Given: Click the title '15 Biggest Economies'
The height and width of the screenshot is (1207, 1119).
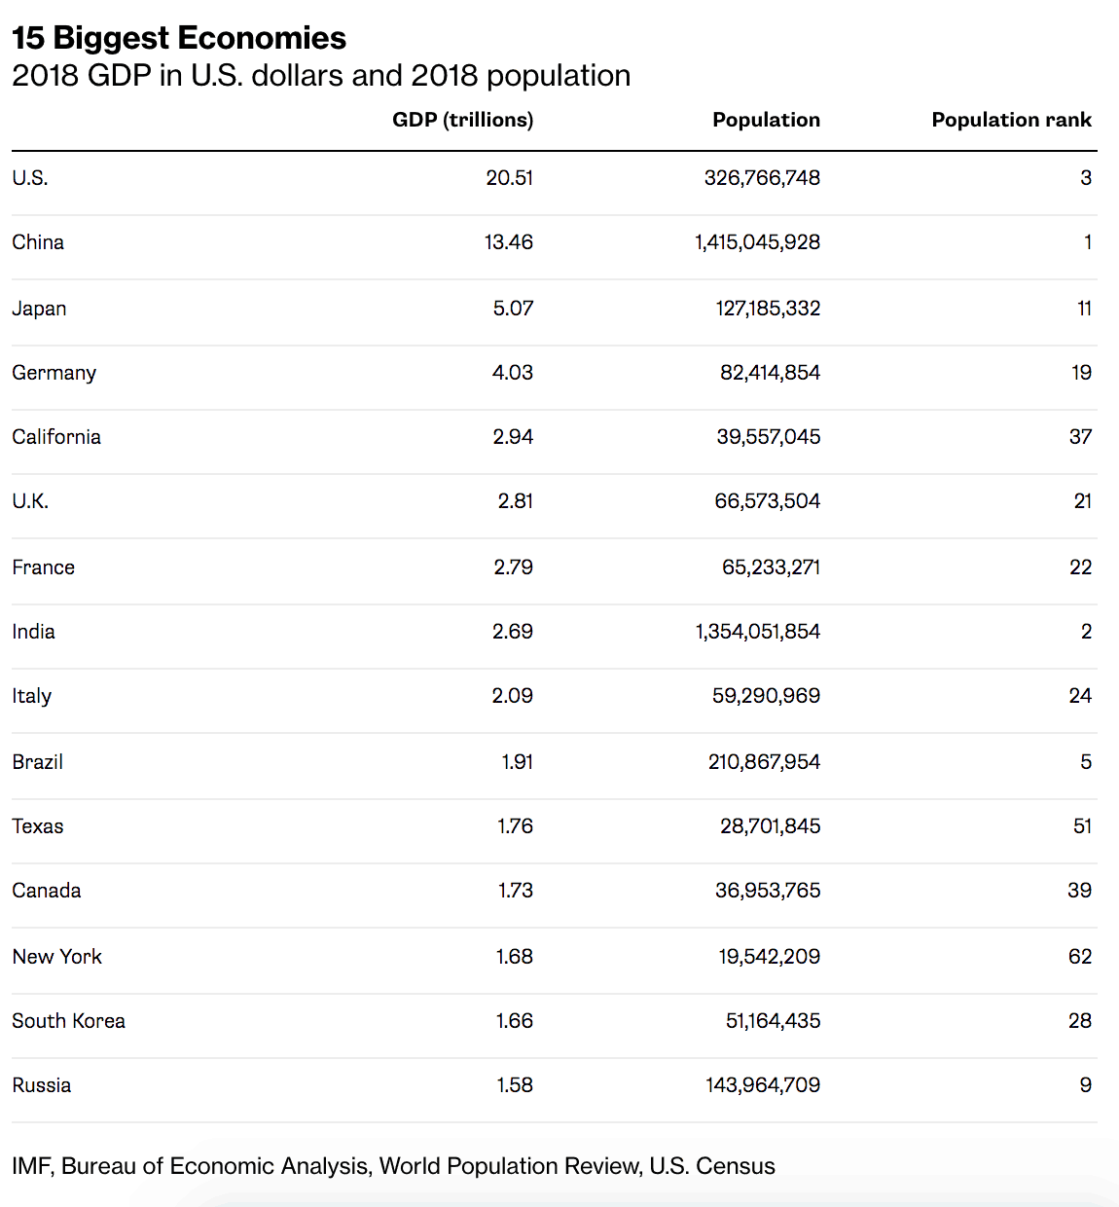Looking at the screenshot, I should tap(179, 38).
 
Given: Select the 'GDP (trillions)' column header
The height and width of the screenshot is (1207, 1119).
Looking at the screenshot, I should tap(462, 120).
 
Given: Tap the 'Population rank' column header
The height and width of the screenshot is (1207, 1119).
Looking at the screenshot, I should tap(1011, 120).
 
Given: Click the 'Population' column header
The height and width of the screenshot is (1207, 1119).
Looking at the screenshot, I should tap(766, 120).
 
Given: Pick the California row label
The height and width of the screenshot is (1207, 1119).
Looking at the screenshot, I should tap(56, 437).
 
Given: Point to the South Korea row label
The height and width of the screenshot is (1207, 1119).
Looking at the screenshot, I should tap(68, 1021).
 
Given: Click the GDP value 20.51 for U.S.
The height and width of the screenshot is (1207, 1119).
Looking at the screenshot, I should tap(510, 178).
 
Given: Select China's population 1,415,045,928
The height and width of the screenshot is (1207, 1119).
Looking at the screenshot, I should tap(757, 242).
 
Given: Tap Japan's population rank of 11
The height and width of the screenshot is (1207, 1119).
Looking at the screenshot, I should tap(1084, 309).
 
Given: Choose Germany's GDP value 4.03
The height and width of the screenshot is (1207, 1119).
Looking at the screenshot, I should tap(513, 373).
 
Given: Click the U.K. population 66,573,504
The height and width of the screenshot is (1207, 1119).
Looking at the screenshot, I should tap(767, 501).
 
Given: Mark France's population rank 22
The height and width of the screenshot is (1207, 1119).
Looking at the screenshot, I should tap(1080, 567).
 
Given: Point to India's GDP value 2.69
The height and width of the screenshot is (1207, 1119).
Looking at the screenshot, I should tap(513, 632).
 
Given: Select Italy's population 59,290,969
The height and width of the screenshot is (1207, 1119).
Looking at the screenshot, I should tap(766, 696).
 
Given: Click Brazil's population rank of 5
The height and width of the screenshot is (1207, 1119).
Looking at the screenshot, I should tap(1086, 762).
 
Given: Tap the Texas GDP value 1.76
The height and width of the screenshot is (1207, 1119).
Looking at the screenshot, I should tap(515, 826).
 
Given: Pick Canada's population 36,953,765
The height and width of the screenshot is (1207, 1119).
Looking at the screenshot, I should tap(768, 891).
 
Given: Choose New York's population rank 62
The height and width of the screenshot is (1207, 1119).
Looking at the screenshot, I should tap(1080, 957).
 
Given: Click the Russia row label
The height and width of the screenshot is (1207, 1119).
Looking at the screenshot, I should tap(42, 1085).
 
